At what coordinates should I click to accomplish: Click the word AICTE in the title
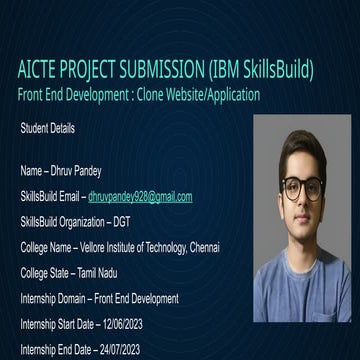(x=39, y=71)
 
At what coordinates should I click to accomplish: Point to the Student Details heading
(x=47, y=129)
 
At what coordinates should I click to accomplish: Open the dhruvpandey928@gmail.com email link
(x=140, y=197)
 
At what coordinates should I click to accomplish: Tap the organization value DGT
(x=120, y=222)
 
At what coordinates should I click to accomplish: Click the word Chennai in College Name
(x=200, y=247)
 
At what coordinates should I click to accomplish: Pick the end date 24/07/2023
(x=117, y=349)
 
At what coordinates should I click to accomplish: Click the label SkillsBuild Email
(x=50, y=197)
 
